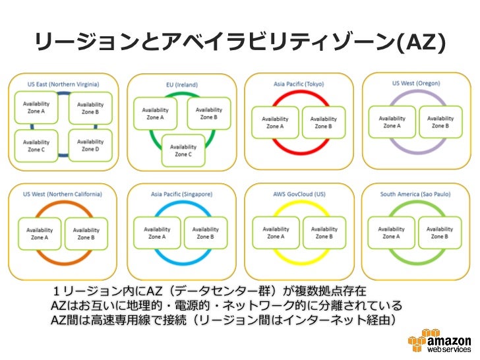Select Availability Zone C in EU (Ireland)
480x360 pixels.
(x=184, y=151)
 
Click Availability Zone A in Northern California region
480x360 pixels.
(x=38, y=234)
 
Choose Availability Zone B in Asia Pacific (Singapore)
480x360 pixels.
(x=205, y=233)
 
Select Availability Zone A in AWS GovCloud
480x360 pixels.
(x=275, y=233)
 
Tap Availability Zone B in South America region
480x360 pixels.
(x=439, y=233)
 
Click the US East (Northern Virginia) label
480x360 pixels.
(x=63, y=84)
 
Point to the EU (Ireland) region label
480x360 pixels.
(x=181, y=85)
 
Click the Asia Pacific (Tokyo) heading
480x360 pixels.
(x=299, y=84)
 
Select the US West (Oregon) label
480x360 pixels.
(x=415, y=84)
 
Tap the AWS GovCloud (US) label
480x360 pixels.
(x=299, y=195)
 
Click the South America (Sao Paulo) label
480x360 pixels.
(x=415, y=195)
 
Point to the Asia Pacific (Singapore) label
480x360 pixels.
(x=181, y=195)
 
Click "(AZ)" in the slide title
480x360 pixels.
(x=421, y=43)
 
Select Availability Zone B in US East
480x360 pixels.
(x=90, y=108)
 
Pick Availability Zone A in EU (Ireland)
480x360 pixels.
(x=155, y=113)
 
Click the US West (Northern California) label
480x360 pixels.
(x=63, y=195)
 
